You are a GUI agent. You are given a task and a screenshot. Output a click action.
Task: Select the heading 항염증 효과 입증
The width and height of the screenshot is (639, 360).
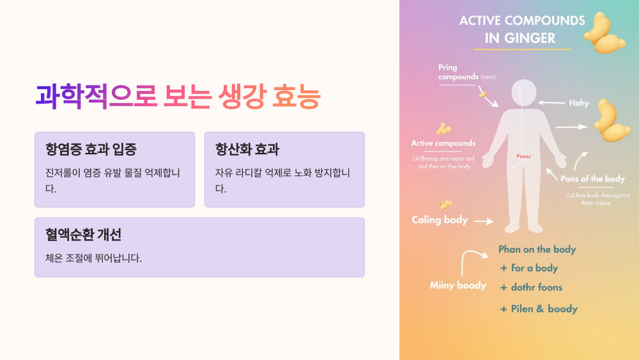[x=91, y=150]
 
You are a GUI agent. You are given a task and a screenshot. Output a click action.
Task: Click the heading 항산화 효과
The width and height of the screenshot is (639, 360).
[x=247, y=150]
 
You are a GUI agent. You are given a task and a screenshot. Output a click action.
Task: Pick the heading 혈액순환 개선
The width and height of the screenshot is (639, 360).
[x=83, y=235]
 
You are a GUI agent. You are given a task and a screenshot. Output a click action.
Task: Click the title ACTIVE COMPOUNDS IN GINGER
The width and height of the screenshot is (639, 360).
[x=521, y=29]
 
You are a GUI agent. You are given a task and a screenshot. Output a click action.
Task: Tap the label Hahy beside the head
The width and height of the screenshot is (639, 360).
[x=579, y=103]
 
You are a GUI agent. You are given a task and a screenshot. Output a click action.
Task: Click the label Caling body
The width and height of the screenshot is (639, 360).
[x=440, y=220]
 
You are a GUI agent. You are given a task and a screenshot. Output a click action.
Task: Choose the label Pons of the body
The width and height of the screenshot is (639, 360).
[x=592, y=179]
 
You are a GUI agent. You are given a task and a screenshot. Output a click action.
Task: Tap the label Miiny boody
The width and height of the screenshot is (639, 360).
[x=458, y=286]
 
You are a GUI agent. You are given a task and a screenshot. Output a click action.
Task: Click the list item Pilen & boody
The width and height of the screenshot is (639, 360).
[x=539, y=309]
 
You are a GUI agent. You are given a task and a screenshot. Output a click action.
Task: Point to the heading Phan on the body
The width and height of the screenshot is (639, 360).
[x=537, y=249]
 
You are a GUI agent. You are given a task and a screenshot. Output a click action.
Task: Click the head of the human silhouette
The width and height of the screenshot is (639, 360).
[x=523, y=93]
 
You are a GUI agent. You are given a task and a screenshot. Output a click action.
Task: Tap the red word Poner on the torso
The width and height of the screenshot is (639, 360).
[x=523, y=156]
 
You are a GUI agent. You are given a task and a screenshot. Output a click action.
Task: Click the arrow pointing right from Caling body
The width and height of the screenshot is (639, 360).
[x=484, y=221]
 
